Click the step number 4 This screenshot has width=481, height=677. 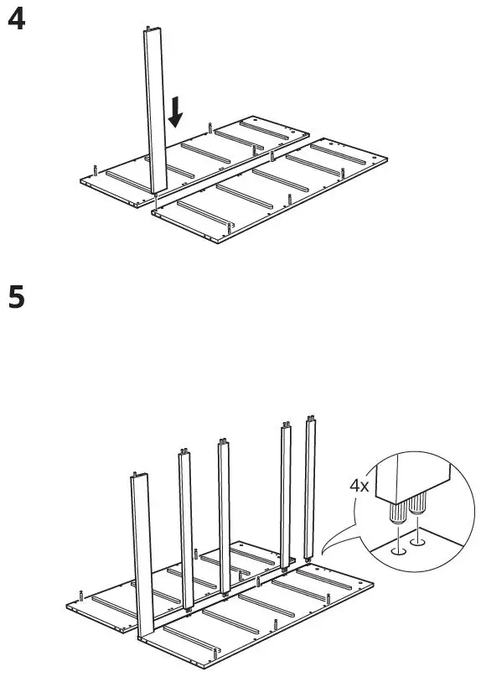pos(16,20)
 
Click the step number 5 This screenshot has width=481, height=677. pos(16,297)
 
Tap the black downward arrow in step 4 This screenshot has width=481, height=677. pos(175,112)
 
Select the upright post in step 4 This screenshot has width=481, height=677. pos(154,109)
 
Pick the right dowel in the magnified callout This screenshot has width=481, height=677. pos(416,504)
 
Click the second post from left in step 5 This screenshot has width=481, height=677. pos(186,529)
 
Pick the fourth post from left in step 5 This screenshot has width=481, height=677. pos(285,495)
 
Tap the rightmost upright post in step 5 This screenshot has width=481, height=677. pos(311,487)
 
